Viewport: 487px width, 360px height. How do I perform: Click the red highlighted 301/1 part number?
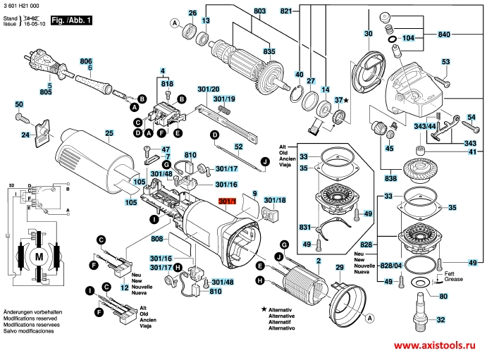(x=228, y=202)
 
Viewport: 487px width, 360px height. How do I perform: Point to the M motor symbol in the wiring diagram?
(x=37, y=257)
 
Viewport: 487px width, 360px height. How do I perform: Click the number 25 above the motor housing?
(x=109, y=133)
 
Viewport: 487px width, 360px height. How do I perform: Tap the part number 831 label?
(x=304, y=227)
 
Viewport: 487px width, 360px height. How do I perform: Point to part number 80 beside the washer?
(x=443, y=297)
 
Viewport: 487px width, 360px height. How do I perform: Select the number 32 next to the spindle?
(x=440, y=321)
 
